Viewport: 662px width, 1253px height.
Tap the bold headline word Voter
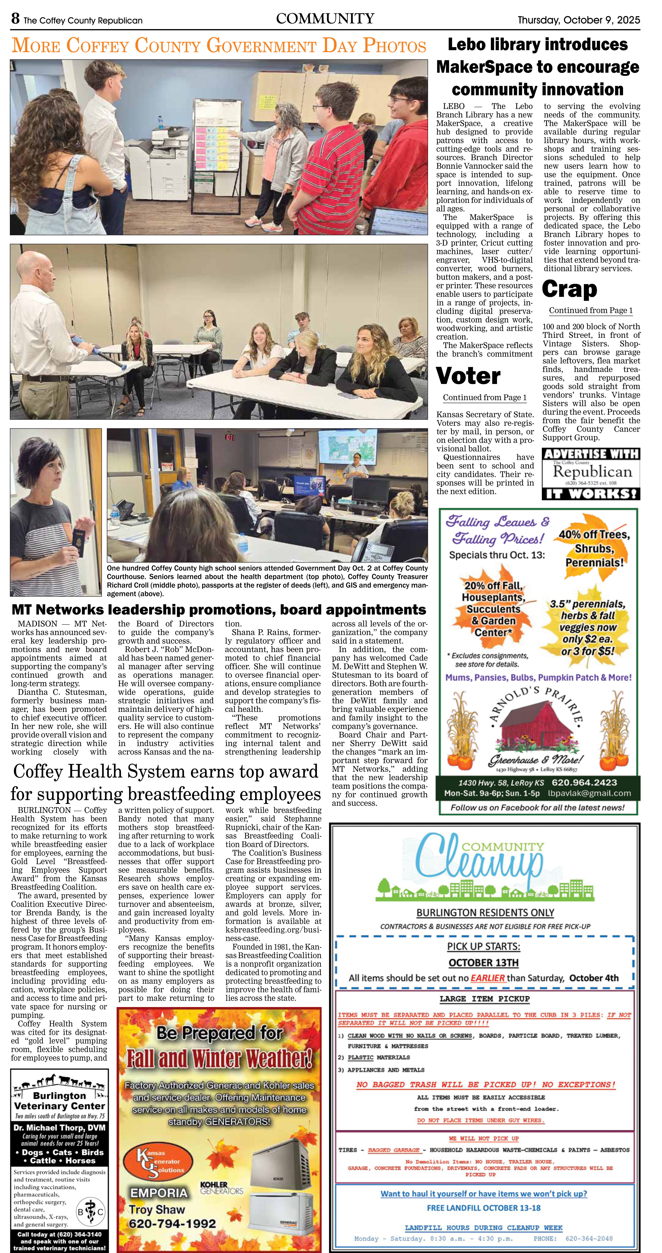pyautogui.click(x=468, y=376)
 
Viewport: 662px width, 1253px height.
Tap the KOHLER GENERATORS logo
pyautogui.click(x=221, y=1188)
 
